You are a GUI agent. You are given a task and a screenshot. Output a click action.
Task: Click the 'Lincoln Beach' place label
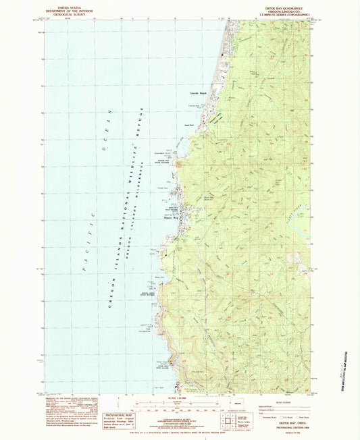[198, 92]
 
